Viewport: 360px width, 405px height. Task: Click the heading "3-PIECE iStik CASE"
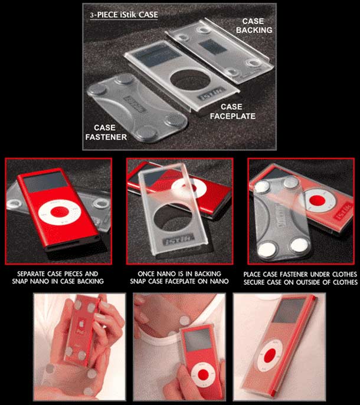pos(124,15)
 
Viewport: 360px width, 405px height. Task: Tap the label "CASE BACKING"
pos(254,25)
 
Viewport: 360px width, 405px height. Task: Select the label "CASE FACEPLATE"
pos(233,111)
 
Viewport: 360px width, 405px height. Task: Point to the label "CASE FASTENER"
pos(106,132)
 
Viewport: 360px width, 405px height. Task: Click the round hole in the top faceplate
pos(191,80)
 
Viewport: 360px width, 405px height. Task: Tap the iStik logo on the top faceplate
pos(211,94)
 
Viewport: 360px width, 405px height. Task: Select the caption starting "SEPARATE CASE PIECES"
pos(58,278)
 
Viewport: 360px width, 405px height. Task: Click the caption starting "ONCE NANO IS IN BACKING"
pos(179,278)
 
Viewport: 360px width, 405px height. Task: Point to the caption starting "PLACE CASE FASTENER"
pos(300,278)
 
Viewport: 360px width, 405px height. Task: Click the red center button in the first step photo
pos(60,212)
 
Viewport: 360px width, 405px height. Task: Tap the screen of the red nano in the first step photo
pos(45,182)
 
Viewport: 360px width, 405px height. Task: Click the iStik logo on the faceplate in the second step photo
pos(179,240)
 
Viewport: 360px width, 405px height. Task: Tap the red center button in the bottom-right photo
pos(270,355)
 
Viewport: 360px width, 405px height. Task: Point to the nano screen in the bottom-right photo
pos(289,311)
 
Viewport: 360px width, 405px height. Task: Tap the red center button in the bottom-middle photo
pos(203,374)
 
